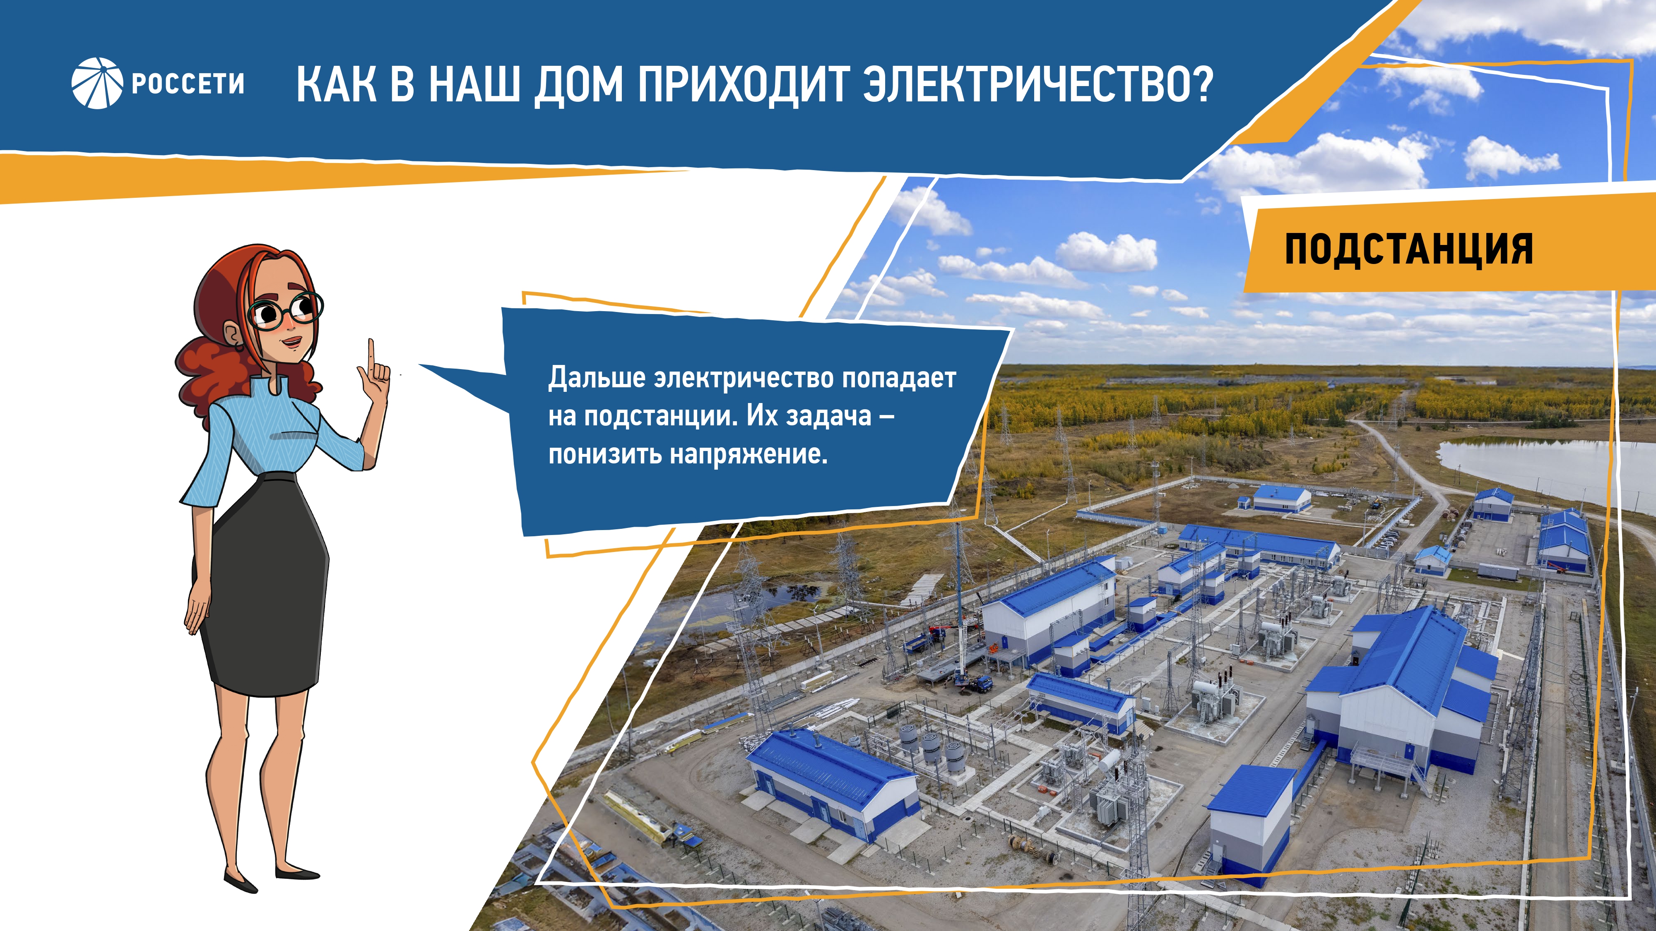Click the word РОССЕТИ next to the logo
tap(188, 84)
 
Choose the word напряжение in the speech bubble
tap(749, 455)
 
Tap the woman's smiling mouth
tap(291, 342)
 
